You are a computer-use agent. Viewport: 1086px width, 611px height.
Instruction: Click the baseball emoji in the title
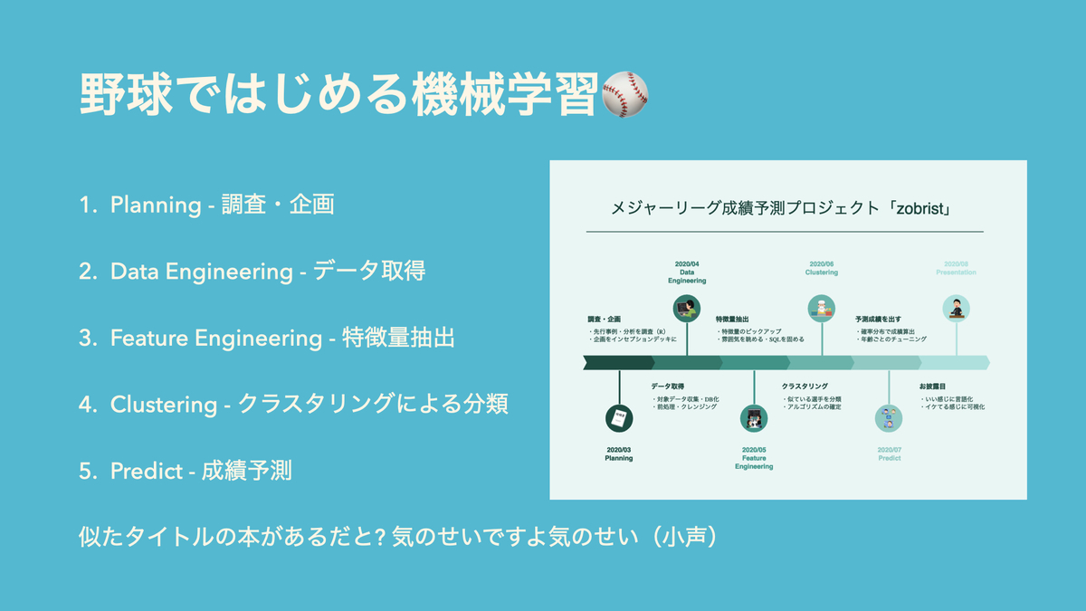pos(625,95)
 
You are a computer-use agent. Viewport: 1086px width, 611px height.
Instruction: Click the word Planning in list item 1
pos(156,205)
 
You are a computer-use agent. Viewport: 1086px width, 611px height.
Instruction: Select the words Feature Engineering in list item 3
pos(215,339)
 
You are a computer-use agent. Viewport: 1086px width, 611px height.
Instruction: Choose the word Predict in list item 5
pos(146,472)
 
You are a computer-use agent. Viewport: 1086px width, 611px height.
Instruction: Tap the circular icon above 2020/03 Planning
pos(619,418)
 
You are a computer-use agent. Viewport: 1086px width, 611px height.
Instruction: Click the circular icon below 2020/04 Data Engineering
pos(687,309)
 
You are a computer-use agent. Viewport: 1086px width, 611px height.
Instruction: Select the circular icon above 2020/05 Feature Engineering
pos(754,418)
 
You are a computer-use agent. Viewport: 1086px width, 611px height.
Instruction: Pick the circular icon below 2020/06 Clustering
pos(822,309)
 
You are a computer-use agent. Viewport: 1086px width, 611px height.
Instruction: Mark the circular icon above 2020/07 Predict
pos(889,418)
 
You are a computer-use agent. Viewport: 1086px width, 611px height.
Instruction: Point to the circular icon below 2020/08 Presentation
pos(956,309)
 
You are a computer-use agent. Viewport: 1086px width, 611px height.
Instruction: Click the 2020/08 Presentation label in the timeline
pos(956,268)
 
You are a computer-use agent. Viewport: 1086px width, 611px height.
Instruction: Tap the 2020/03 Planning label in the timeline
pos(619,453)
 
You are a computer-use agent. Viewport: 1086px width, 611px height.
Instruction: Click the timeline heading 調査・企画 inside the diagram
pos(605,320)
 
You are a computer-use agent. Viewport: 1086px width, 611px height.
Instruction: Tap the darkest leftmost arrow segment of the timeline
pos(619,363)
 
